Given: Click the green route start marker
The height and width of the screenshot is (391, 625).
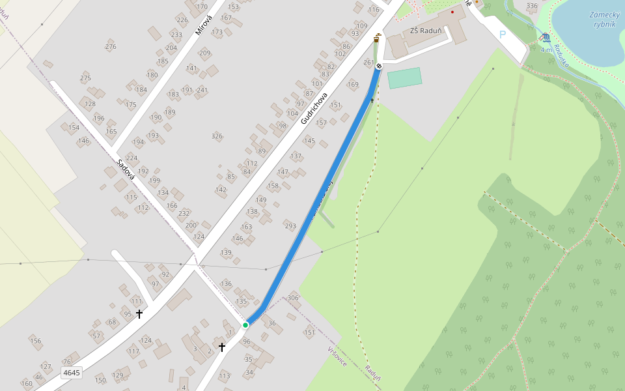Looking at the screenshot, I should (x=245, y=325).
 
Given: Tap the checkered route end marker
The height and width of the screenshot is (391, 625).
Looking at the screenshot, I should (x=379, y=66).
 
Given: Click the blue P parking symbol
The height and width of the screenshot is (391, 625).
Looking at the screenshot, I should (x=502, y=35).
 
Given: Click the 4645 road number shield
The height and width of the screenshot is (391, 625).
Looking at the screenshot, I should (x=71, y=373).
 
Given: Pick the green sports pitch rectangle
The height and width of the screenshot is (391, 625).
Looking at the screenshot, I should (x=404, y=78).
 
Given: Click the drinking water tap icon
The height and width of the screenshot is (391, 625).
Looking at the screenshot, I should (x=378, y=38).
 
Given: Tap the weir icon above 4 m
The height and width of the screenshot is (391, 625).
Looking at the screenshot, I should (x=545, y=37).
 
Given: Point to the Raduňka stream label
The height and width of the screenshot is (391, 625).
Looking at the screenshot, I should (x=561, y=57).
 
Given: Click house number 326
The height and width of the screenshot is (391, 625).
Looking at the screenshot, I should (x=217, y=136).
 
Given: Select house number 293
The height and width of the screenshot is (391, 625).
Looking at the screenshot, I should (x=290, y=226).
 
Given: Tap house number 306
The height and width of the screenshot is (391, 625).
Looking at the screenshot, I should (x=293, y=298).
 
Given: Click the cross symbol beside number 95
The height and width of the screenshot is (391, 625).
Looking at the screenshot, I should (x=139, y=314).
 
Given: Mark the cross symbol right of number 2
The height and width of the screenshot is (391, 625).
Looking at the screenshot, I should (x=222, y=347).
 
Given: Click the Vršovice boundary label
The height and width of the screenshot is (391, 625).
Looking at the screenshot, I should (x=337, y=356).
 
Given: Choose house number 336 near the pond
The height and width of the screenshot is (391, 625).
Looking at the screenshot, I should (x=532, y=6).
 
